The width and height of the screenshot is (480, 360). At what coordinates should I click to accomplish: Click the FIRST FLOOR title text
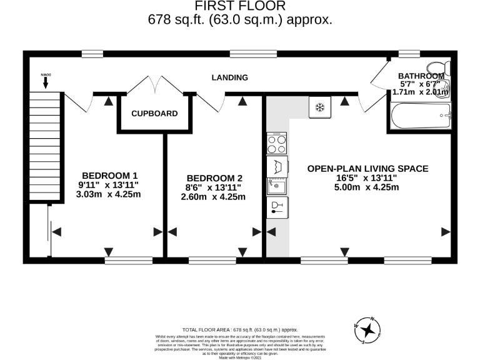(x=240, y=6)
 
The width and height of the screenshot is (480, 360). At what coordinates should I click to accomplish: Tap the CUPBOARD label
(x=154, y=114)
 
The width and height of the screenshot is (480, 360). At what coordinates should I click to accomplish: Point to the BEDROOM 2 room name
(x=213, y=177)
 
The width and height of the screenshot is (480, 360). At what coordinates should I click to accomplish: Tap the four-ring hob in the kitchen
(x=276, y=144)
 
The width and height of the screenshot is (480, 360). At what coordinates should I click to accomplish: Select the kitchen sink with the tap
(x=276, y=186)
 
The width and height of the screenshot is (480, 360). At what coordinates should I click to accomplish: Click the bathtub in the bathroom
(x=420, y=116)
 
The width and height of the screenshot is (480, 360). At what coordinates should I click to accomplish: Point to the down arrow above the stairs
(x=45, y=81)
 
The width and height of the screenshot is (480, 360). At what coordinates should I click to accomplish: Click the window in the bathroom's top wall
(x=409, y=54)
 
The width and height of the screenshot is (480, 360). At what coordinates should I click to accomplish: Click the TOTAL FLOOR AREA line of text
(x=240, y=329)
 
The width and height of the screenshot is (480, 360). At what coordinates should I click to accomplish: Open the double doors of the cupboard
(x=154, y=86)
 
